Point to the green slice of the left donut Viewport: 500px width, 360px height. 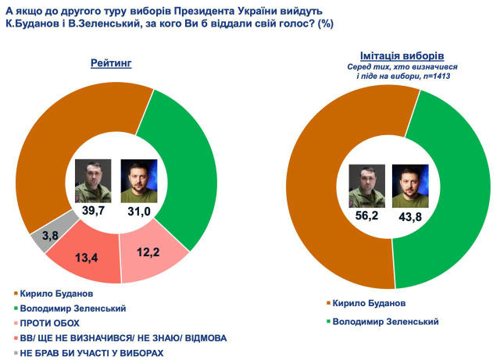click(191, 164)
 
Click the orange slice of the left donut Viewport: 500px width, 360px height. click(47, 148)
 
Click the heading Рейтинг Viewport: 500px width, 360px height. click(110, 62)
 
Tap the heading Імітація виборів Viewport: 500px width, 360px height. click(402, 58)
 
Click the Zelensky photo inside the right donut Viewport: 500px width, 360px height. click(406, 186)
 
